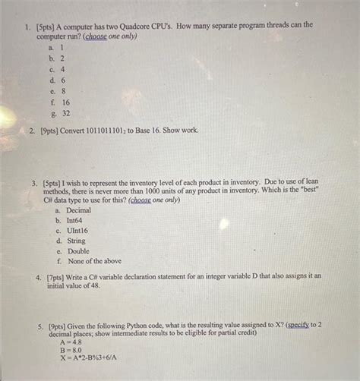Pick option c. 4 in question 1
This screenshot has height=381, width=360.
click(59, 68)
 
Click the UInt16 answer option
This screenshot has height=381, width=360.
click(77, 230)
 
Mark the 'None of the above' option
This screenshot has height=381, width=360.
click(93, 261)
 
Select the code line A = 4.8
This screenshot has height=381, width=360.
click(71, 342)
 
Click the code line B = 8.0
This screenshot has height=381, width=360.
click(71, 351)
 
